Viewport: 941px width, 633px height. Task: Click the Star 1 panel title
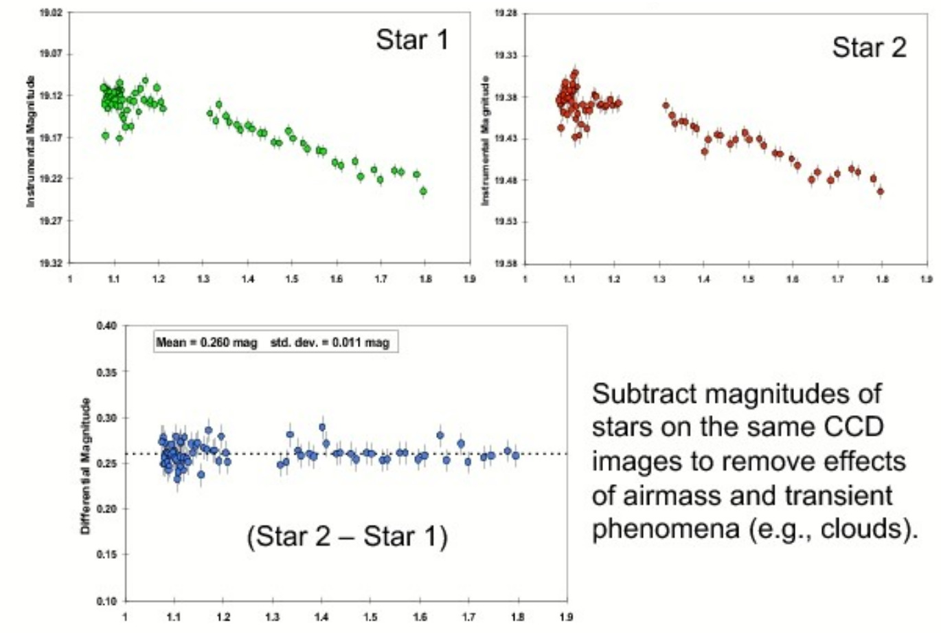coord(411,40)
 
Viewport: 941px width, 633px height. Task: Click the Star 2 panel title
coord(869,47)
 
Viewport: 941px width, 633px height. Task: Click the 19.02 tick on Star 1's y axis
coord(52,12)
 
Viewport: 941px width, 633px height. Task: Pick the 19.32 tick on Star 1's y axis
coord(52,263)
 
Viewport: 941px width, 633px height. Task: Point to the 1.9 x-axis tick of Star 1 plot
coord(469,279)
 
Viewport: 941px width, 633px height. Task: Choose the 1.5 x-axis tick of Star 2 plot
coord(748,280)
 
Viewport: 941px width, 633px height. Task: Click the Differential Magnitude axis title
coord(86,466)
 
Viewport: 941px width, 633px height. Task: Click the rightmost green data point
coord(423,191)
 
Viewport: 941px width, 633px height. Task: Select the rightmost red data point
coord(881,191)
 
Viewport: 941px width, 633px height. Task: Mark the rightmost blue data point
coord(516,455)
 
